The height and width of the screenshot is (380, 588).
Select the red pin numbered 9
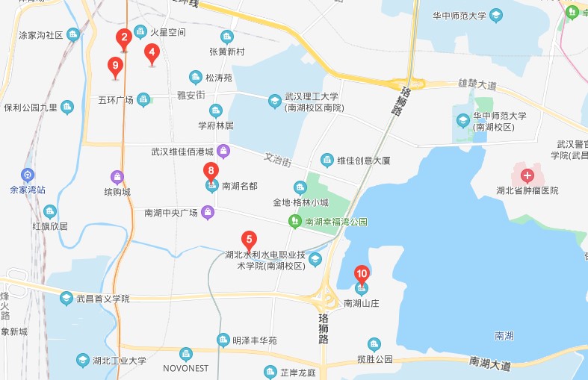click(115, 66)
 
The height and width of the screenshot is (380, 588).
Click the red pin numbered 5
click(249, 240)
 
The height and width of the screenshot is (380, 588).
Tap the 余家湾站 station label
click(28, 190)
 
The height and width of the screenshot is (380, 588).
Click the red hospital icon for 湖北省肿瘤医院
click(527, 177)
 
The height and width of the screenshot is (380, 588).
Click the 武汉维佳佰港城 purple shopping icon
click(223, 152)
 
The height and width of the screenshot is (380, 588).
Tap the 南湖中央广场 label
click(171, 214)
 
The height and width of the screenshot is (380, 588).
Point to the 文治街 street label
click(277, 158)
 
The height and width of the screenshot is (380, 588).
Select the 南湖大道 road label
click(490, 364)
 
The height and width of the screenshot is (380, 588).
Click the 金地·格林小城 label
click(300, 202)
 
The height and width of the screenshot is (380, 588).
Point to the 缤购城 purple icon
click(117, 178)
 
